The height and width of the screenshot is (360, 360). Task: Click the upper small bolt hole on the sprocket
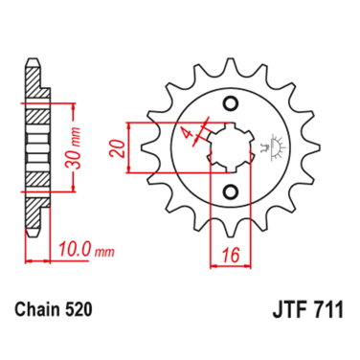tap(230, 103)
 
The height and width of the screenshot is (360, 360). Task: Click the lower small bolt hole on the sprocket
tap(230, 190)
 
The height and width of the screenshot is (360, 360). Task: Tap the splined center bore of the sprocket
tap(228, 146)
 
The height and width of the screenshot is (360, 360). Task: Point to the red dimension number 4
tap(190, 129)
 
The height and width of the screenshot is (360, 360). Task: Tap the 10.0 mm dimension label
tap(79, 252)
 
